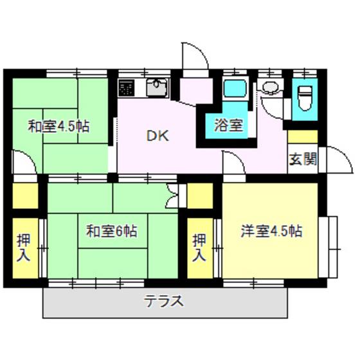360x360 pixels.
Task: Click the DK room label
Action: tap(157, 136)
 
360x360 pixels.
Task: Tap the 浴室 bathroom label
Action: tap(229, 125)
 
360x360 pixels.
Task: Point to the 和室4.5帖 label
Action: tap(59, 126)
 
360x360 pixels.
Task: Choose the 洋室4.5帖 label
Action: tap(271, 230)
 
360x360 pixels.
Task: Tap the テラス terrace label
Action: tap(164, 300)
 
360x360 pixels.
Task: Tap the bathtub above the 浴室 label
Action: tap(233, 91)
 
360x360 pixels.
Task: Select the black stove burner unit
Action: tap(126, 87)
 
